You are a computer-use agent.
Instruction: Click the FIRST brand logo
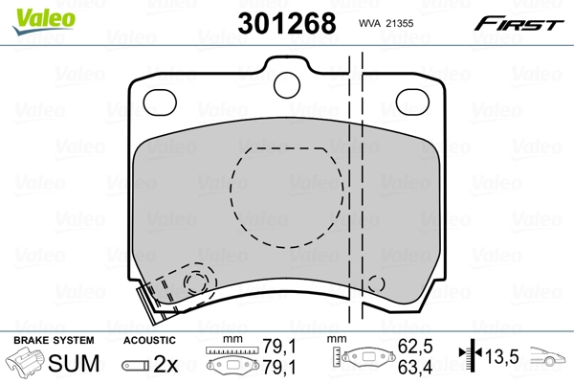[x=520, y=22]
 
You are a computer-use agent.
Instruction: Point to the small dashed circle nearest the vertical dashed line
[x=376, y=283]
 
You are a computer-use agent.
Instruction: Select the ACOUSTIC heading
[x=149, y=340]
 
